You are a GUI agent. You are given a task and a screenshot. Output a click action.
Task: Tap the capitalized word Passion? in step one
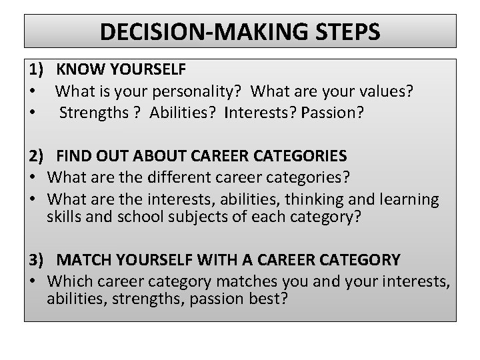pyautogui.click(x=333, y=112)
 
